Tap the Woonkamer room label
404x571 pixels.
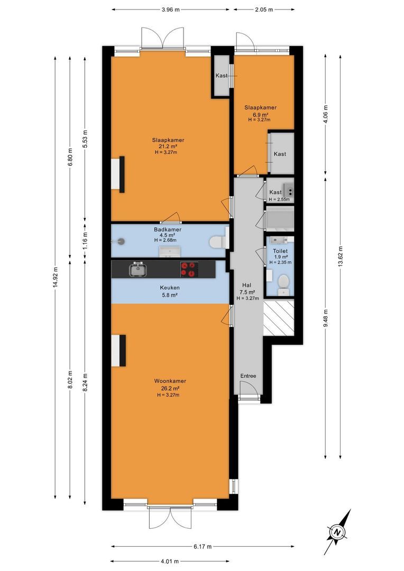[170, 381]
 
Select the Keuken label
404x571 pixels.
[170, 288]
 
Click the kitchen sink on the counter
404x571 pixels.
[137, 270]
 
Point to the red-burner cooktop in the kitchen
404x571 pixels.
[189, 270]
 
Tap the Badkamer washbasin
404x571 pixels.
[169, 251]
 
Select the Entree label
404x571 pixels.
[248, 376]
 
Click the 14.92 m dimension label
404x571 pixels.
[56, 278]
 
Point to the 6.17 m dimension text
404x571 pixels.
[203, 546]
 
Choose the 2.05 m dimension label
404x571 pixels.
[264, 10]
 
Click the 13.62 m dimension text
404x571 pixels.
[340, 257]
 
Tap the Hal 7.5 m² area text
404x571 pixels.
[247, 292]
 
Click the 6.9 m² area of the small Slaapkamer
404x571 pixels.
[260, 114]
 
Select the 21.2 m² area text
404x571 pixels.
[168, 146]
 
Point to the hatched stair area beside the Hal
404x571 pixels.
[279, 317]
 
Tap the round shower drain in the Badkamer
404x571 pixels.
[121, 241]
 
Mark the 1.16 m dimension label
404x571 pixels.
[85, 241]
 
